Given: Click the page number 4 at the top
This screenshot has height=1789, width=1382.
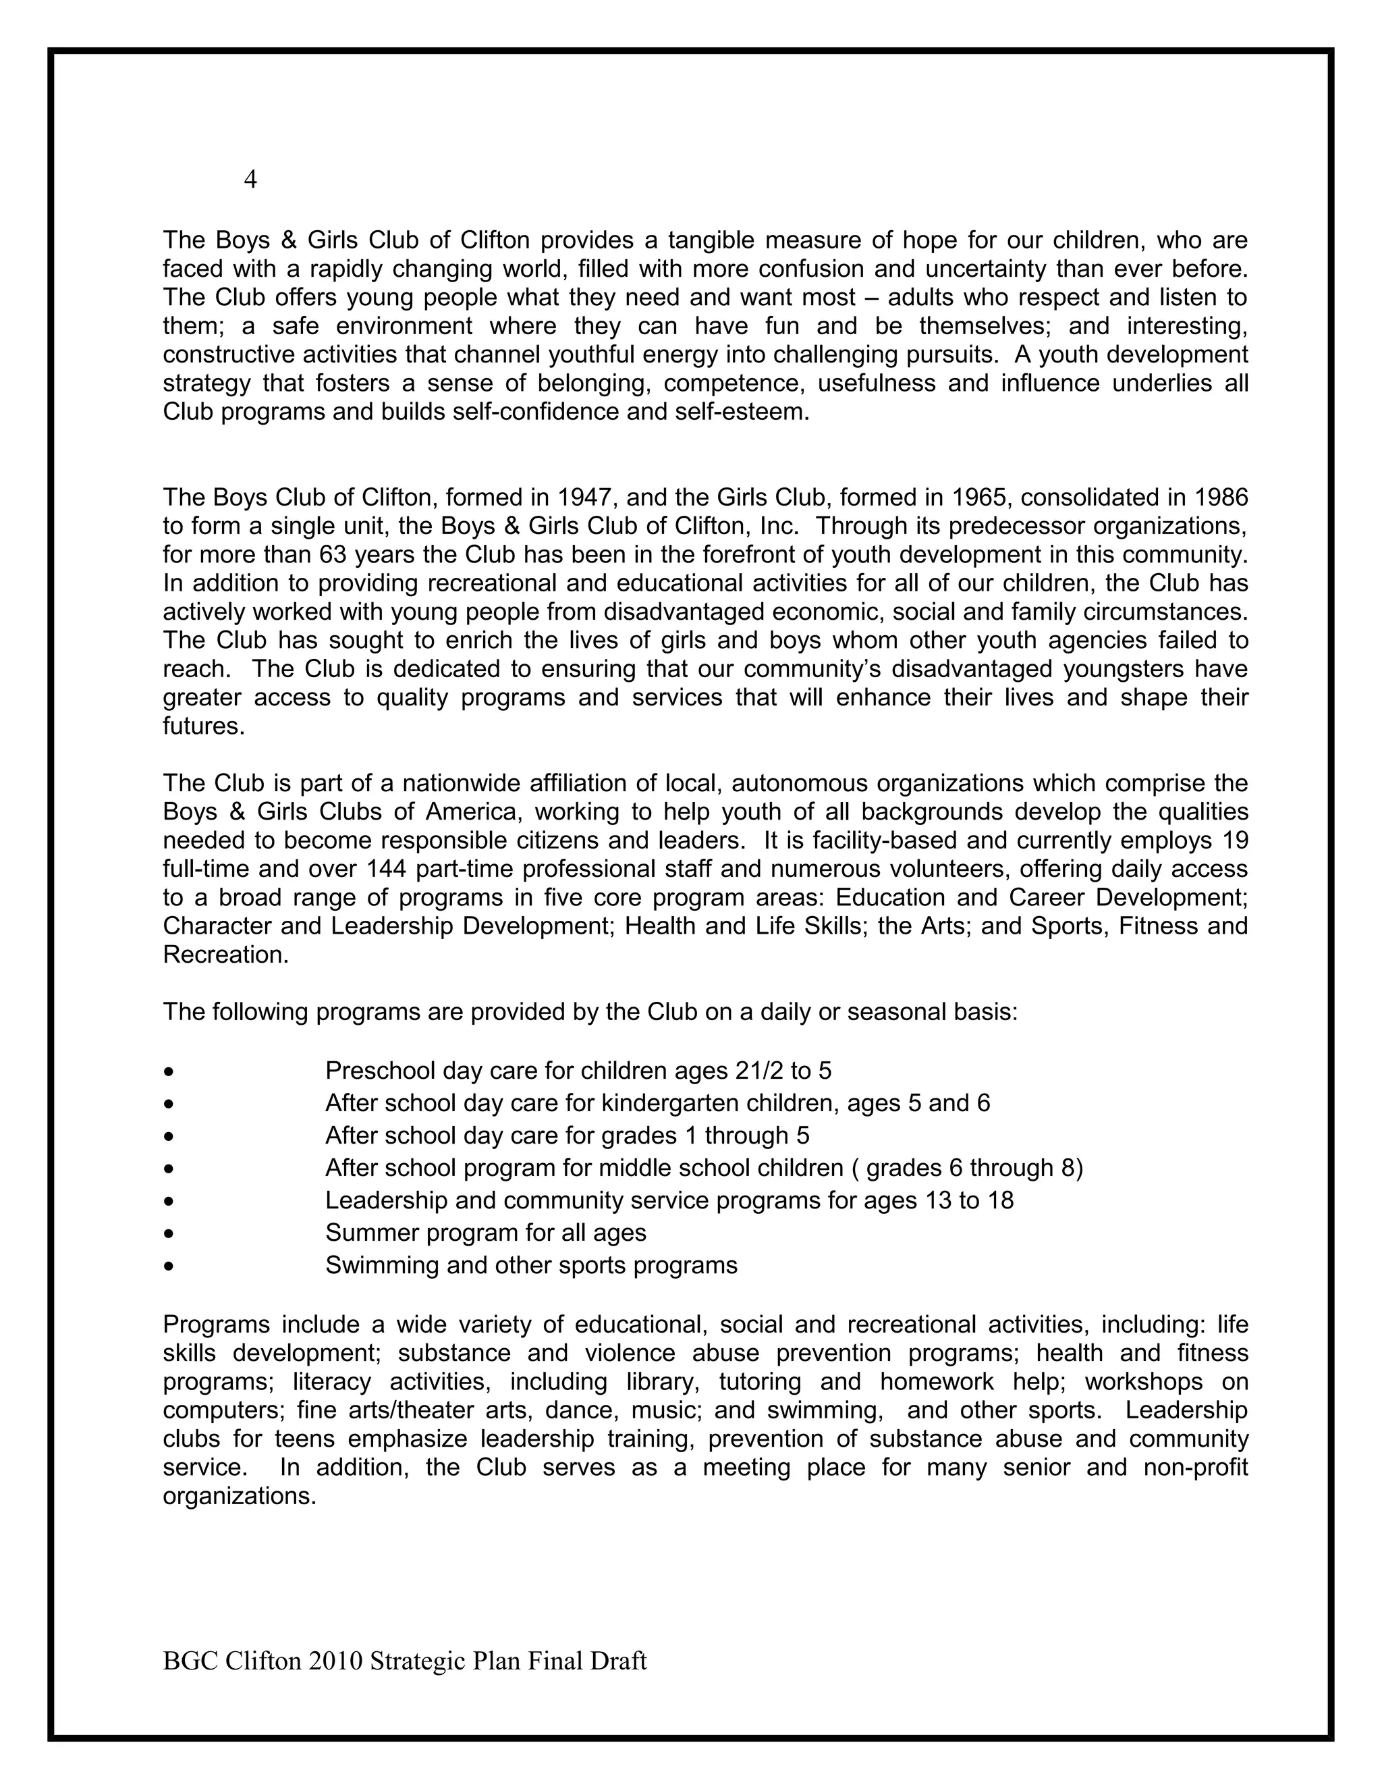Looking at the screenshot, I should click(x=250, y=180).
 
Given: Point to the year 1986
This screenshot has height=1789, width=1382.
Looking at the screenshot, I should click(x=1221, y=498).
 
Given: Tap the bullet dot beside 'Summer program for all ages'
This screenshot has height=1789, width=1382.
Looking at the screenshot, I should click(x=169, y=1233).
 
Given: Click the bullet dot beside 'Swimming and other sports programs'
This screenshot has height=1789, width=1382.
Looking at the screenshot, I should click(x=169, y=1266).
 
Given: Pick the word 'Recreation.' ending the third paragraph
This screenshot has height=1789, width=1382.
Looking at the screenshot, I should click(x=226, y=955).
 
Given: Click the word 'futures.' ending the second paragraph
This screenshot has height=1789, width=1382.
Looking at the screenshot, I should click(x=204, y=726).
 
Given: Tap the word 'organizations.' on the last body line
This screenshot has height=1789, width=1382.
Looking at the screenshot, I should click(x=239, y=1497).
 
